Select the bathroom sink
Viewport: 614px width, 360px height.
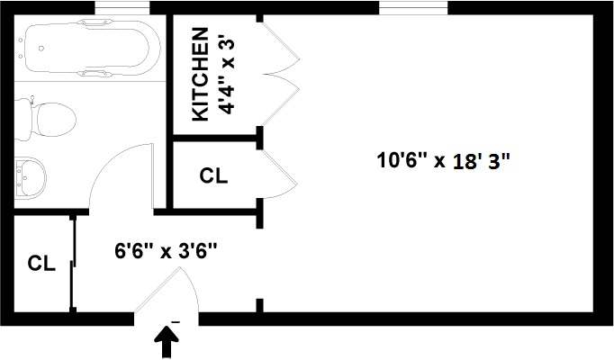point(32,176)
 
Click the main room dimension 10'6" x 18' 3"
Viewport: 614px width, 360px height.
point(444,162)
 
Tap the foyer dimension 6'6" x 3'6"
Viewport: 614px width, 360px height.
point(166,250)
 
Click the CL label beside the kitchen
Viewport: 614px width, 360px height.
point(213,176)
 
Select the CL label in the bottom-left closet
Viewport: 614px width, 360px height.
point(41,264)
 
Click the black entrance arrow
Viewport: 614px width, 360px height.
point(167,341)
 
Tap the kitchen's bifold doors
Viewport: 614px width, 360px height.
point(281,72)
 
